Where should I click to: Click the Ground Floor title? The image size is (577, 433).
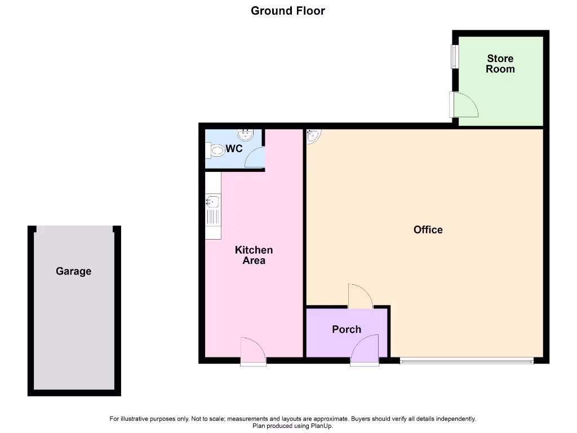point(288,11)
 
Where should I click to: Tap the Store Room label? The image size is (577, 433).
point(500,64)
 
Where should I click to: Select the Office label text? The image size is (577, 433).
point(428,229)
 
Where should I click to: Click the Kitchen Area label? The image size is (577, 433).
point(254,255)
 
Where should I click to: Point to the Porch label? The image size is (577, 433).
point(346,329)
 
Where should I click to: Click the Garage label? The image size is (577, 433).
point(73,271)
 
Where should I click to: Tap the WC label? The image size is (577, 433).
point(234,149)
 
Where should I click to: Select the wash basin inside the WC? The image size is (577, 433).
point(246,135)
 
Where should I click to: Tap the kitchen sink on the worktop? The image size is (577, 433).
point(212,202)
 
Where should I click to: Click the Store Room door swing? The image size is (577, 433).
point(465,105)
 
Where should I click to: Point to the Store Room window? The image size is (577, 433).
point(454,56)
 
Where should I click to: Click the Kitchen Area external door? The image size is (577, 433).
point(253,351)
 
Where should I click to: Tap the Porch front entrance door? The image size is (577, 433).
point(365,350)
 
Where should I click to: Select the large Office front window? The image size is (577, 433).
point(467,360)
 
